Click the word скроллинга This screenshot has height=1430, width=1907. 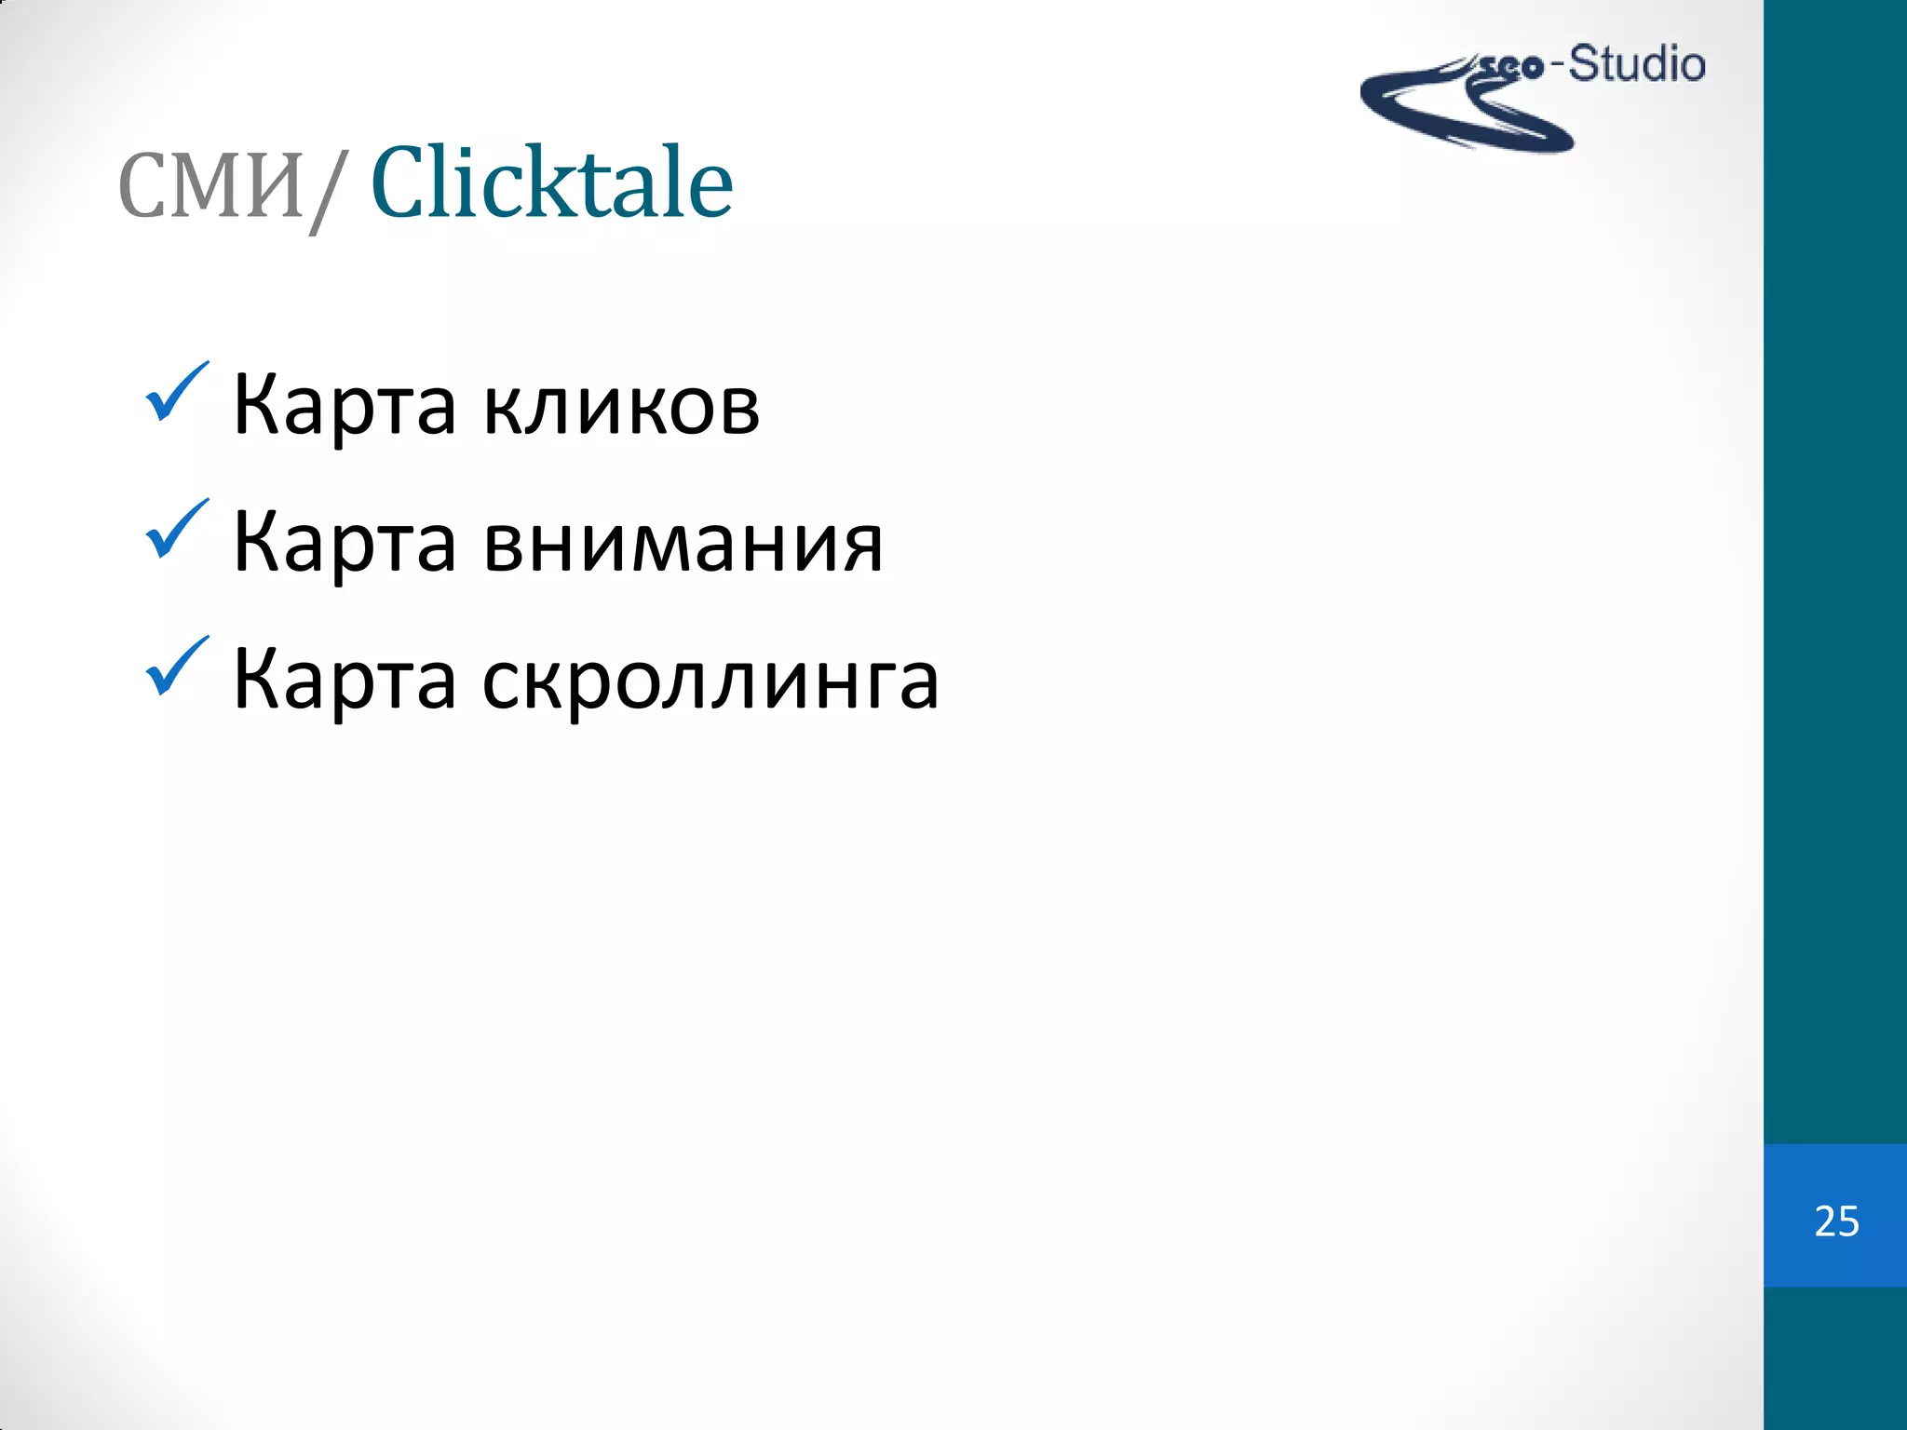coord(710,681)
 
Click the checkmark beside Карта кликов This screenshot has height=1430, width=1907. coord(175,393)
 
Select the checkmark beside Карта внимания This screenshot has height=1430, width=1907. coord(175,530)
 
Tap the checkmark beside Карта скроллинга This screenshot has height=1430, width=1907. coord(175,668)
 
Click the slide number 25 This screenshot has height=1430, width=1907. coord(1836,1221)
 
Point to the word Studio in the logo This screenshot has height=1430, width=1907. coord(1637,65)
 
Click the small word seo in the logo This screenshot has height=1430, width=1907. coord(1512,67)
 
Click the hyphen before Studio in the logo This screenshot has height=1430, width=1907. coord(1557,67)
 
